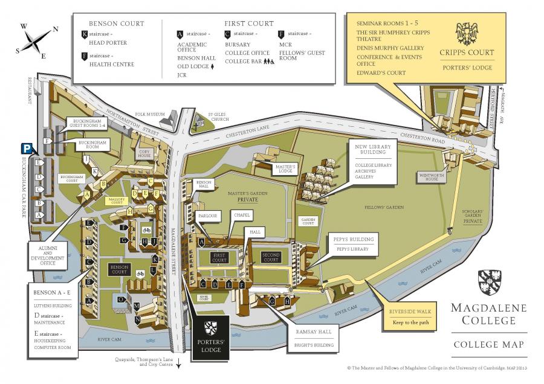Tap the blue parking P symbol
(27, 148)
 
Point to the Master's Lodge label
(285, 168)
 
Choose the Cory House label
(144, 153)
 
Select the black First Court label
(219, 257)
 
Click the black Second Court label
(271, 257)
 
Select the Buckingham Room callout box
(92, 144)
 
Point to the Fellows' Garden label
(384, 207)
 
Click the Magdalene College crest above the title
(490, 282)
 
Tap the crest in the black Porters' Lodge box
(211, 329)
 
